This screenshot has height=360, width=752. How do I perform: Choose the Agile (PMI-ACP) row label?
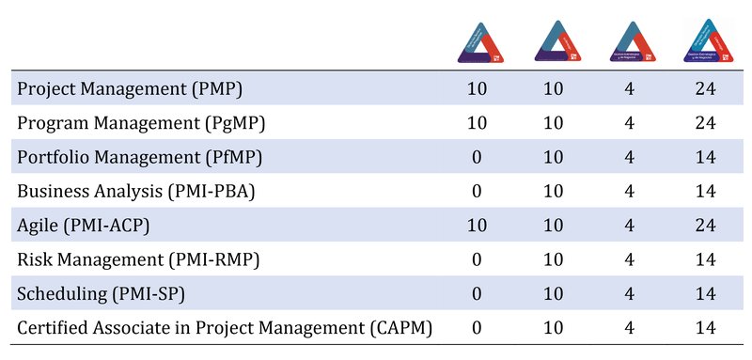pyautogui.click(x=98, y=225)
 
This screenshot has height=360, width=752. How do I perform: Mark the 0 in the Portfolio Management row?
pyautogui.click(x=476, y=157)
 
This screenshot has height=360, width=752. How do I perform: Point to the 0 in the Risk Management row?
pyautogui.click(x=476, y=258)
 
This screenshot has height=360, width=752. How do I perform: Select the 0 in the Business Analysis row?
pyautogui.click(x=476, y=191)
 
